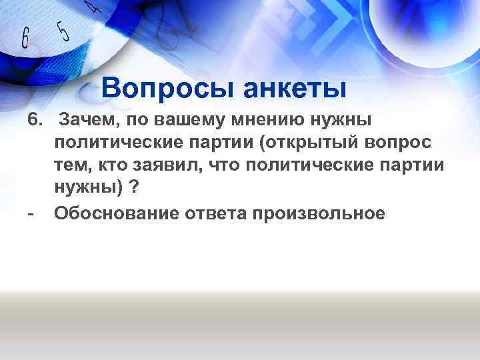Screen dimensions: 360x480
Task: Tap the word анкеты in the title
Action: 295,87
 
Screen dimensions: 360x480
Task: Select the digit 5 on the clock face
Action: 62,29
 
